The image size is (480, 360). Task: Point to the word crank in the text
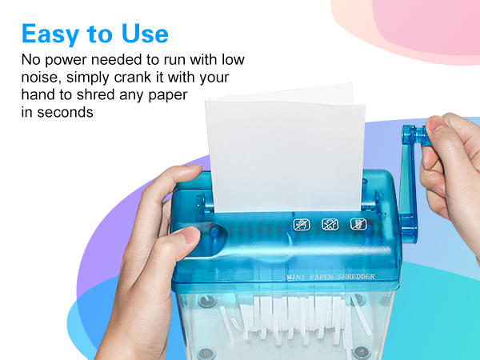click(117, 78)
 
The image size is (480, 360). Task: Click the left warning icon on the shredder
click(302, 225)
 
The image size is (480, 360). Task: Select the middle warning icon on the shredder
click(330, 225)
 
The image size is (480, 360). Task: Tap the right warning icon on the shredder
click(357, 225)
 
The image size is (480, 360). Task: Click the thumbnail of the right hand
click(435, 125)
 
